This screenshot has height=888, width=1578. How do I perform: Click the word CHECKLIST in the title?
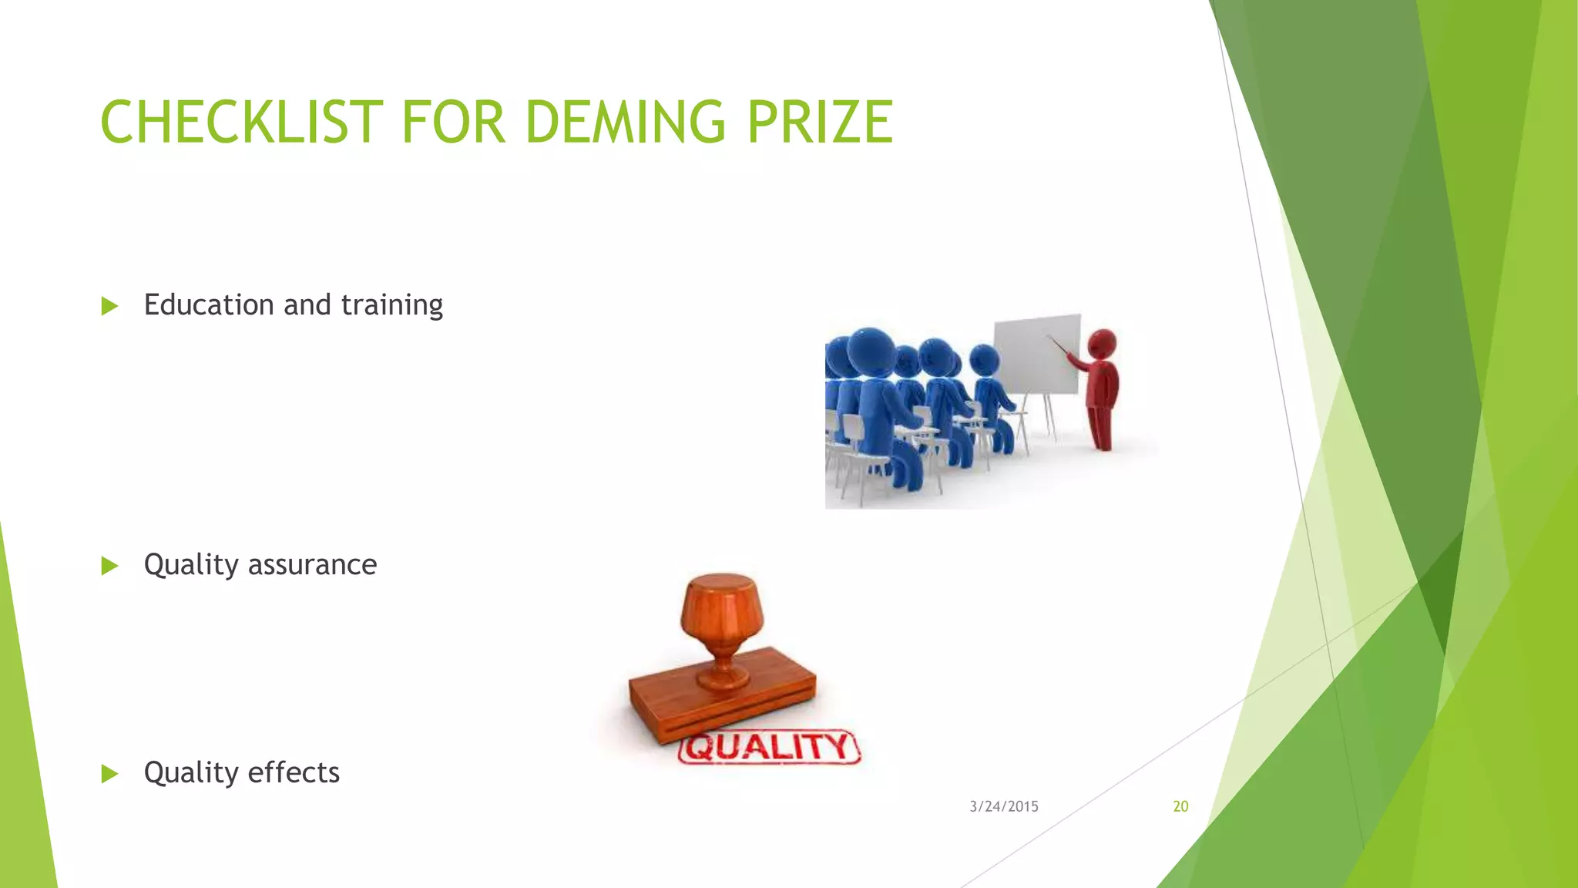tap(241, 123)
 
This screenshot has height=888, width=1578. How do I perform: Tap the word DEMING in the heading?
tap(625, 123)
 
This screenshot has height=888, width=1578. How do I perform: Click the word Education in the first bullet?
tap(209, 304)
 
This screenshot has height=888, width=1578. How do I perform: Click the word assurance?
tap(312, 565)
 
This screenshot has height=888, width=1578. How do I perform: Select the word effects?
tap(294, 772)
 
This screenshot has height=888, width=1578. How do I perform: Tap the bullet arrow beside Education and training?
tap(109, 306)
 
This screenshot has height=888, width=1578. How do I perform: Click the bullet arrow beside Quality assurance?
tap(109, 567)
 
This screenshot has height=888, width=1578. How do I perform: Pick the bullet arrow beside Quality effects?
tap(109, 774)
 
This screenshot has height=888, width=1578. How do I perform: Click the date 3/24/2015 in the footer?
tap(1003, 806)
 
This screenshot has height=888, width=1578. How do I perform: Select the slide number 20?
tap(1180, 806)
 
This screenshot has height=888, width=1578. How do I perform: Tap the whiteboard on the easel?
tap(1037, 354)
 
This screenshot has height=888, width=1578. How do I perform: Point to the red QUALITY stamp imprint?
tap(769, 747)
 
